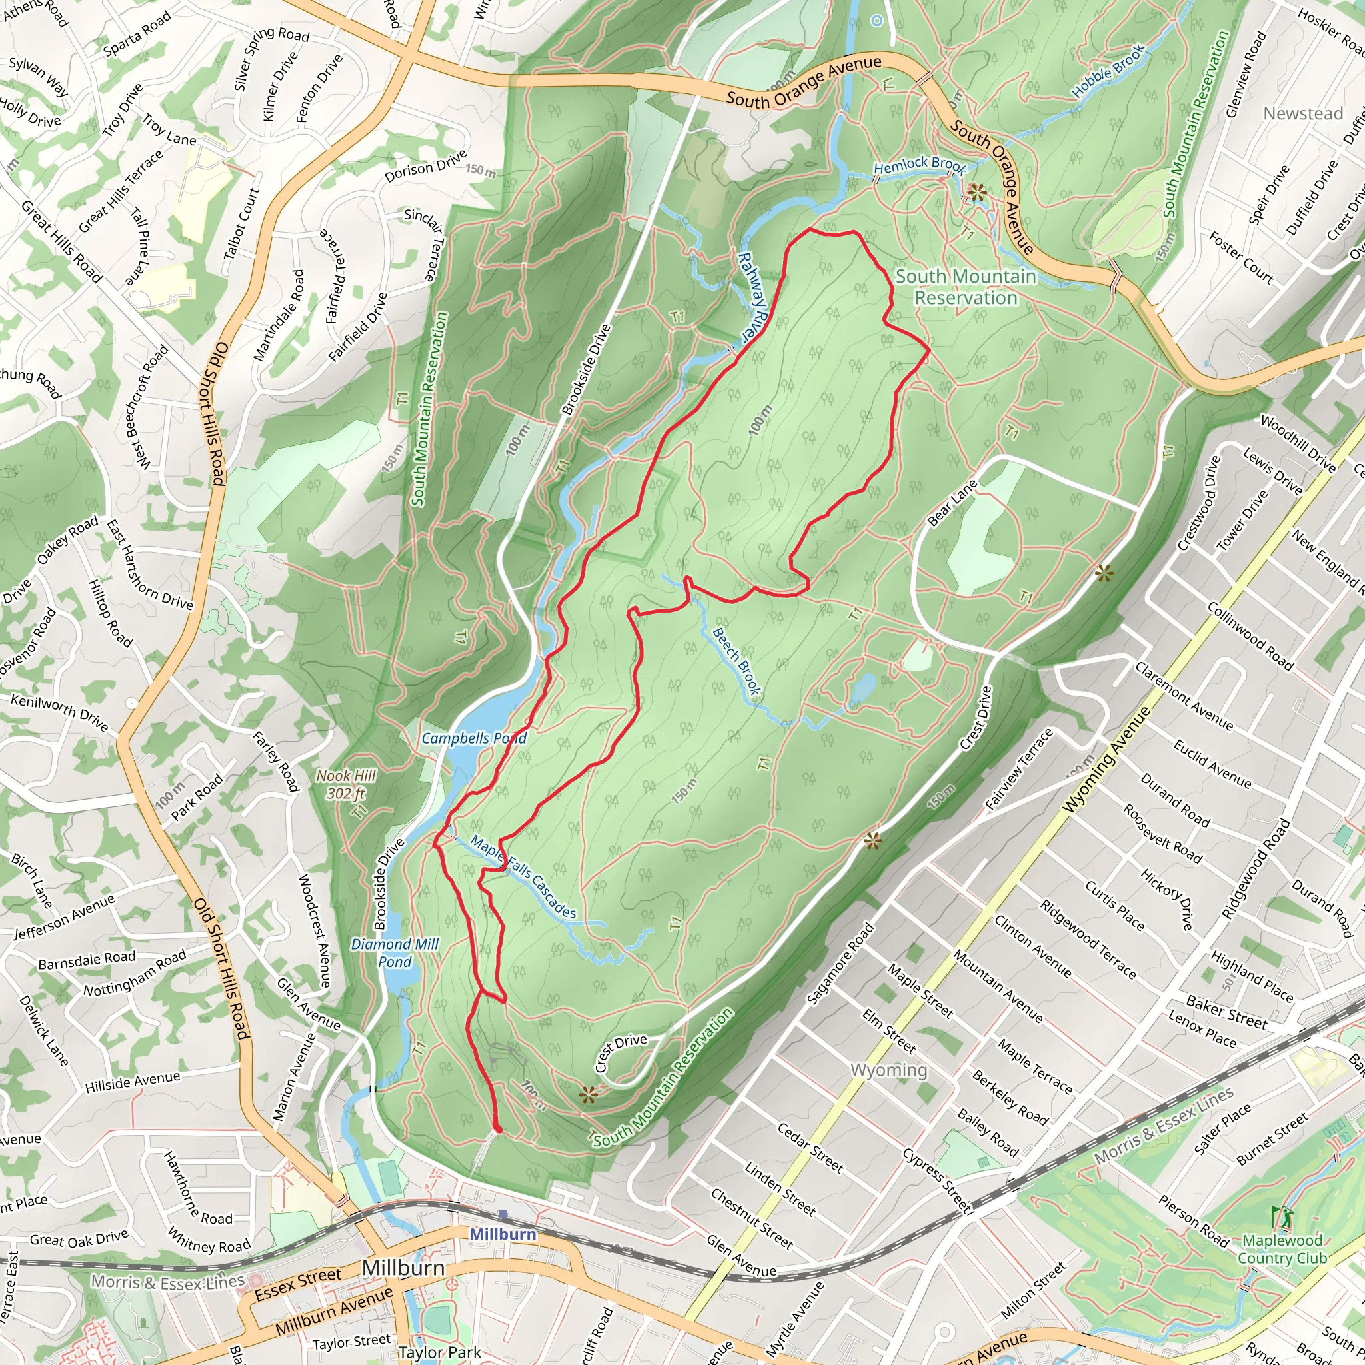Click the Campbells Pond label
pos(473,738)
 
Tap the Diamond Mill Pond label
pos(395,953)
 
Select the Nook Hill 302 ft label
pos(345,784)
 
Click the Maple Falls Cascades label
pos(523,878)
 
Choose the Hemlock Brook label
pos(919,166)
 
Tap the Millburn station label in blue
pos(503,1234)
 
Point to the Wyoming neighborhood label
pos(889,1070)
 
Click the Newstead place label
pos(1303,113)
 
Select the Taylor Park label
pos(439,1352)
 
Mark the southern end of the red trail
pos(498,1130)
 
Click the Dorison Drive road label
pos(425,165)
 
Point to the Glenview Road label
pos(1246,74)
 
